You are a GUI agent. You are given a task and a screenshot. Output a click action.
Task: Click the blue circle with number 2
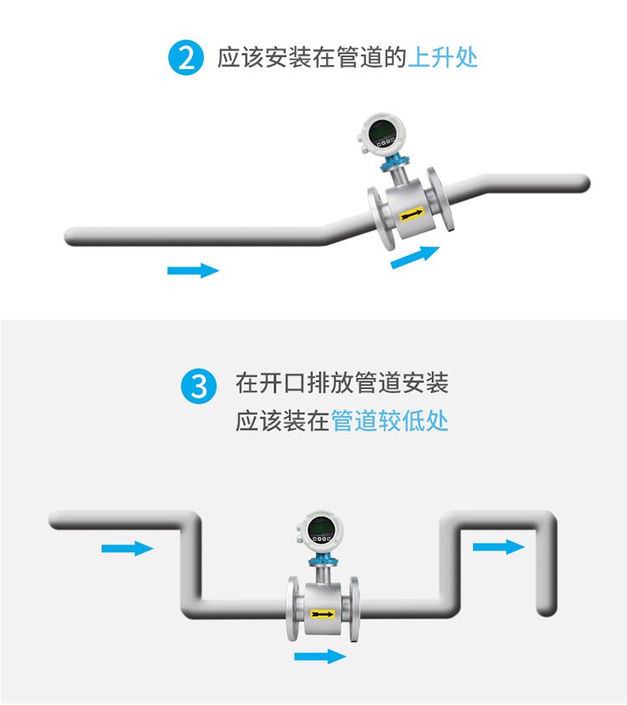pos(186,58)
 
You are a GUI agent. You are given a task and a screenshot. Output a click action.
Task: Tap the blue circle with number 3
pos(199,386)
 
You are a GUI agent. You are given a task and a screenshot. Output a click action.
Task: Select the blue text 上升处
pos(443,58)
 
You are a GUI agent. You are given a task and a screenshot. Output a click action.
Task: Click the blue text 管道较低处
pos(390,421)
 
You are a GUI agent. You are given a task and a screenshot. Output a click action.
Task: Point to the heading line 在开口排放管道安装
pos(342,383)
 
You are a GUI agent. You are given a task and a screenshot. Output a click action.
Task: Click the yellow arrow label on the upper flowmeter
pos(411,214)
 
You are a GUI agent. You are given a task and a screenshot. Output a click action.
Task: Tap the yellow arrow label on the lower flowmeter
pos(322,614)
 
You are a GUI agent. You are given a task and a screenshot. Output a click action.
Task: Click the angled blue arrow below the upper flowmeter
pos(415,257)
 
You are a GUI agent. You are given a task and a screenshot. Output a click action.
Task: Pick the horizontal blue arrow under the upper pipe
pos(193,270)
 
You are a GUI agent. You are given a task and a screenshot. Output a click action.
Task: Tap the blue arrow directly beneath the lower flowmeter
pos(320,656)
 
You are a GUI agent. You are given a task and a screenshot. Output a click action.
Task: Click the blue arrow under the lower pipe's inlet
pos(127,549)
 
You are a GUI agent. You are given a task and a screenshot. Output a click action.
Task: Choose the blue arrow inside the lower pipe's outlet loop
pos(498,547)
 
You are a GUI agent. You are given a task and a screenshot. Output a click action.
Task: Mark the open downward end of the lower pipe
pos(547,610)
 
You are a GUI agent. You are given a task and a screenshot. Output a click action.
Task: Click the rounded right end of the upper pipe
pos(582,183)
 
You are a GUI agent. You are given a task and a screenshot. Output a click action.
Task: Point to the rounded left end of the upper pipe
pos(72,237)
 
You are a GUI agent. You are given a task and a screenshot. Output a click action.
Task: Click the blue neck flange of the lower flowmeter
pos(322,559)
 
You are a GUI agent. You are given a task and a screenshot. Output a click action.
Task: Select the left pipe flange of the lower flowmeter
pos(293,608)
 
